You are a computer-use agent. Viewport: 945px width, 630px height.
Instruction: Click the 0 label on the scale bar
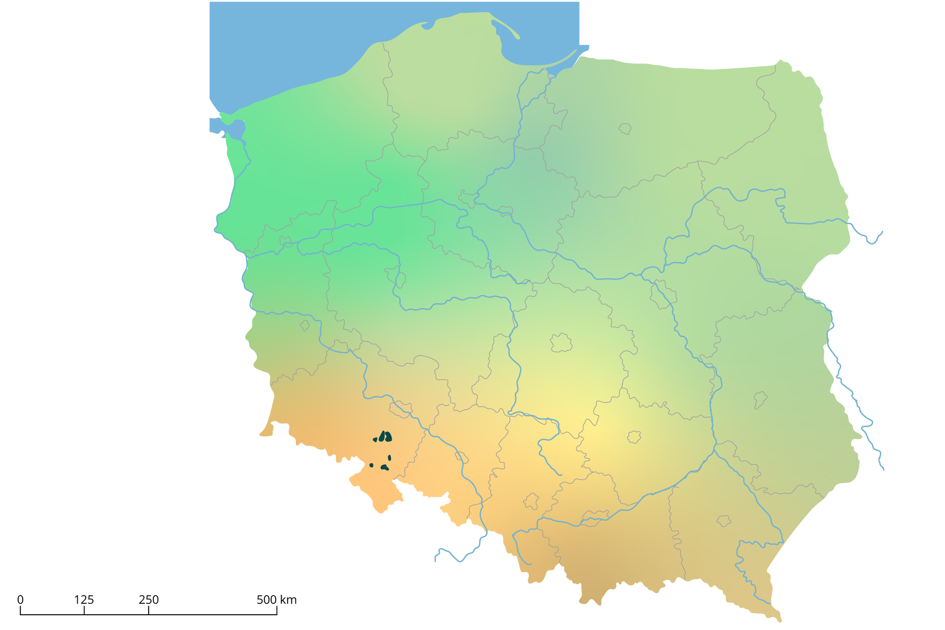tap(20, 600)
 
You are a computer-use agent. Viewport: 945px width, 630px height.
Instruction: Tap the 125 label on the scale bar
tap(84, 600)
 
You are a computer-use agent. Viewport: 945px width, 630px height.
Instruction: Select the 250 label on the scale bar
tap(149, 600)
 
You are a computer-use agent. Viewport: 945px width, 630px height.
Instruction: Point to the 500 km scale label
tap(276, 600)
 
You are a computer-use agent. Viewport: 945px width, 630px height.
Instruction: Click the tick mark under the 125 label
tap(84, 611)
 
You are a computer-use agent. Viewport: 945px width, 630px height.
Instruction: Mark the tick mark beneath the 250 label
tap(149, 611)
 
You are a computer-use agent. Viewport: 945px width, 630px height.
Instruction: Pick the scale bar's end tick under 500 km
tap(277, 611)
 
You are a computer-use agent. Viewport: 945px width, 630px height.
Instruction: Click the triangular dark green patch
tap(375, 440)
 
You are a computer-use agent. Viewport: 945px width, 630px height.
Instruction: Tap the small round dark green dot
tap(371, 465)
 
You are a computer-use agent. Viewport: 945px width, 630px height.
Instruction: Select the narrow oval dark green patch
tap(389, 458)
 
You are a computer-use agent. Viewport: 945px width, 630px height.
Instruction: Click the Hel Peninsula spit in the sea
tap(507, 27)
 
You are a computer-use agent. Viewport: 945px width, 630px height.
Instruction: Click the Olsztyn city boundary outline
tap(625, 129)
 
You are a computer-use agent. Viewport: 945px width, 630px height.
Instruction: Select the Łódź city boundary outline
tap(561, 343)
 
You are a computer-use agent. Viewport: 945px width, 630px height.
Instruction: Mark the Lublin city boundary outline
tap(760, 400)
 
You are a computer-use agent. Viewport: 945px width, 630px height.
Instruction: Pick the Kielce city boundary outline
tap(634, 437)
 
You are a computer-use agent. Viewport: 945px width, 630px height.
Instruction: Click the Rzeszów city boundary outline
tap(723, 521)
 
